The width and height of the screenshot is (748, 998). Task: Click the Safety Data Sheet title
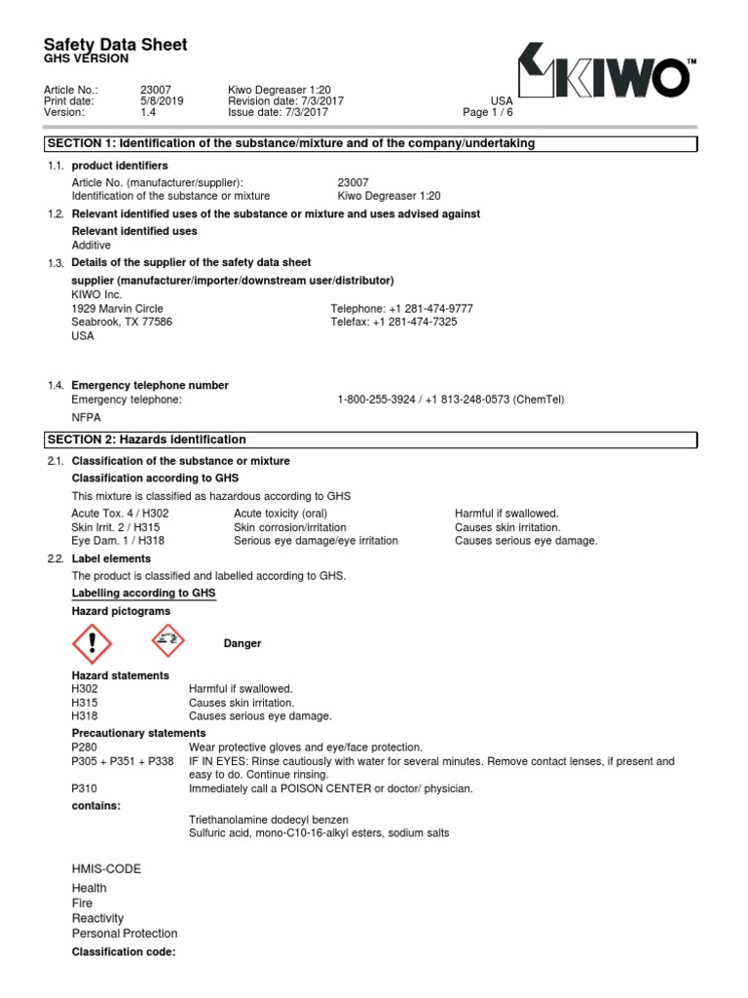(116, 45)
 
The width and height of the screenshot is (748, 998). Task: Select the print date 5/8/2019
(162, 100)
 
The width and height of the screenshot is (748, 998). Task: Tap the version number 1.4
(148, 112)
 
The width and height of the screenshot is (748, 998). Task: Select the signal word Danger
(243, 643)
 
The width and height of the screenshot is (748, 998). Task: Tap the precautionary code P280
(86, 747)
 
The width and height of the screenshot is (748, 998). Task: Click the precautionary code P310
(86, 788)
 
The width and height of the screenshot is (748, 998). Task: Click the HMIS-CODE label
(106, 868)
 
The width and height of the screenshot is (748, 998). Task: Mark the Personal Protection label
(125, 934)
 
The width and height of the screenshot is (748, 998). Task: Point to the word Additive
(92, 246)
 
